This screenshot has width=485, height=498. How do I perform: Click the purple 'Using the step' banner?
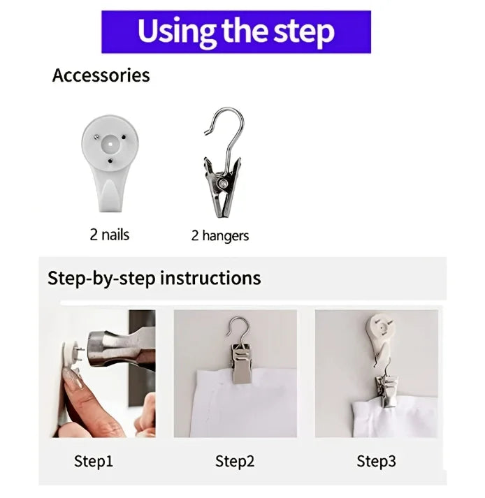click(x=236, y=31)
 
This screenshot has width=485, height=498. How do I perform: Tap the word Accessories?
click(x=101, y=75)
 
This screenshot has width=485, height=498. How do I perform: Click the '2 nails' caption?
click(x=110, y=235)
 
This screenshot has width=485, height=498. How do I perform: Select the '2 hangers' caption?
click(x=220, y=235)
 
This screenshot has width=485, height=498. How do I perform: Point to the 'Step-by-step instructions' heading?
click(x=154, y=278)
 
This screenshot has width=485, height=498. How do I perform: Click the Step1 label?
click(x=94, y=461)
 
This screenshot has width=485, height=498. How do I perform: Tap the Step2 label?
click(x=235, y=461)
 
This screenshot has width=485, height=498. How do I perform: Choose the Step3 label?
click(x=376, y=461)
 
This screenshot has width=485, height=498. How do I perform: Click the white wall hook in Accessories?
click(x=110, y=163)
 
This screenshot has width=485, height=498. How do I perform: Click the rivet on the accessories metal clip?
click(x=223, y=184)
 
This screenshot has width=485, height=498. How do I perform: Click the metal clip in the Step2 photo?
click(x=243, y=364)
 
